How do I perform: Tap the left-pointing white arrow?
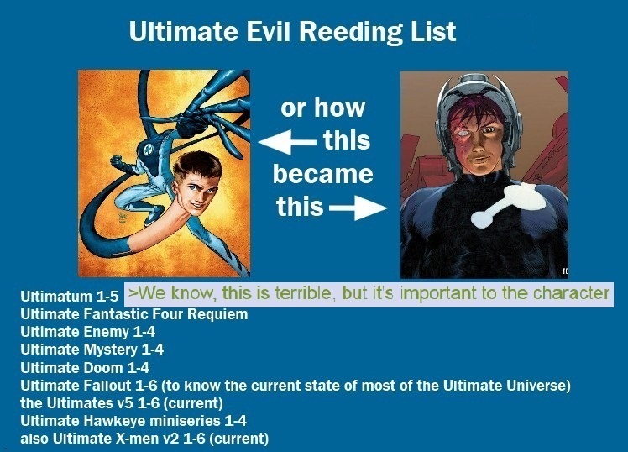tap(288, 142)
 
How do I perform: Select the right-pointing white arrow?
tap(358, 208)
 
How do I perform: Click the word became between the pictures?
tap(322, 174)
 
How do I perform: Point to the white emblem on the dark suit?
tap(508, 204)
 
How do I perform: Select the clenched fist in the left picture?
tap(117, 162)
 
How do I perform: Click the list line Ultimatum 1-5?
tap(70, 296)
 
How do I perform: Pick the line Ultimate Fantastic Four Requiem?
tap(134, 313)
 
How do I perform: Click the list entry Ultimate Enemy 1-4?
tap(87, 332)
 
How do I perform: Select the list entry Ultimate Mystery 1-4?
tap(92, 350)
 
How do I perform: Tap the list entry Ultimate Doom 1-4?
tap(85, 367)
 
